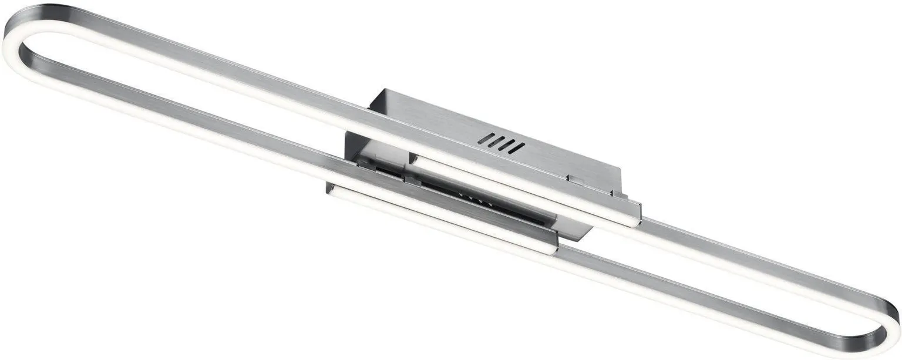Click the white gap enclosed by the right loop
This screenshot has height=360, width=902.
(734, 276)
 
